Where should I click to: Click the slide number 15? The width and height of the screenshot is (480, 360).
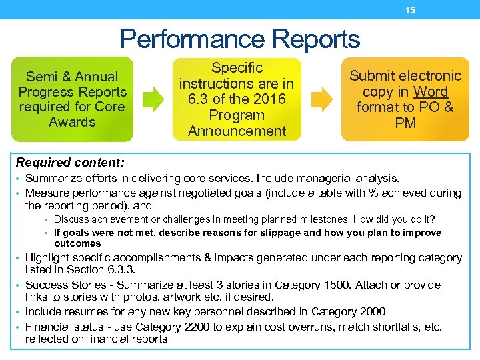pyautogui.click(x=411, y=10)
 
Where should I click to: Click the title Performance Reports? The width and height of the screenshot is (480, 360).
pyautogui.click(x=240, y=39)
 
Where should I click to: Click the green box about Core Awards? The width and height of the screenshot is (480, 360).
pyautogui.click(x=72, y=99)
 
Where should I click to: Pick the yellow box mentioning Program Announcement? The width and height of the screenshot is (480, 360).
pyautogui.click(x=237, y=99)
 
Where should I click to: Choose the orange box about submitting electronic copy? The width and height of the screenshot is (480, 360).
pyautogui.click(x=405, y=99)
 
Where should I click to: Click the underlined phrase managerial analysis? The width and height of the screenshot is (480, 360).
pyautogui.click(x=348, y=178)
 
